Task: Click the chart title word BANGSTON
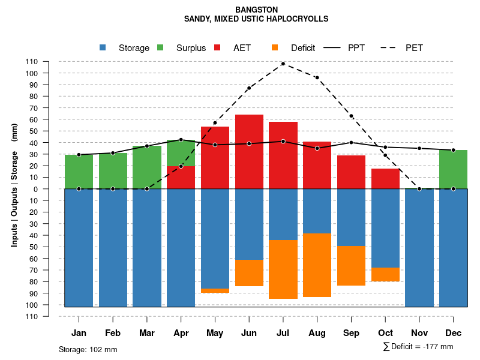pos(256,10)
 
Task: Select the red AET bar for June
pos(249,151)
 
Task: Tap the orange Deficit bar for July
pos(283,269)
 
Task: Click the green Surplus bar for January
pos(79,172)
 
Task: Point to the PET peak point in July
pos(283,64)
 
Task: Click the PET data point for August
pos(317,77)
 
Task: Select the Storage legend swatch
pos(103,48)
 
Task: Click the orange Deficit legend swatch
pos(275,48)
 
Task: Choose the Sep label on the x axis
pos(351,333)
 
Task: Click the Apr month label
pos(181,333)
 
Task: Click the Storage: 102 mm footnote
pos(88,349)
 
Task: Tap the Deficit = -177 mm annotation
pos(418,347)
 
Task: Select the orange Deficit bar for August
pos(317,265)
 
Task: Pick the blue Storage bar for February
pos(113,248)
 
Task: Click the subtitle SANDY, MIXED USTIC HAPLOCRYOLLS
pos(256,19)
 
